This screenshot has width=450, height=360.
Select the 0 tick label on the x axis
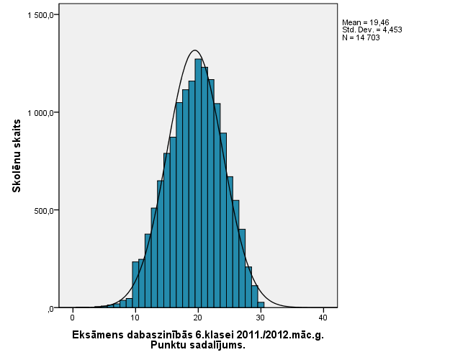72,318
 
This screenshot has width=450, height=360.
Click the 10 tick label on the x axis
135,318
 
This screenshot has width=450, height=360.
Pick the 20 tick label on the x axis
197,318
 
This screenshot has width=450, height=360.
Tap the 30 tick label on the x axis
261,318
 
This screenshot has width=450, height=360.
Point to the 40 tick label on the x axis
323,318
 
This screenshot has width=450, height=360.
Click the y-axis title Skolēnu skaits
15,156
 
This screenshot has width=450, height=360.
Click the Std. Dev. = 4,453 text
372,30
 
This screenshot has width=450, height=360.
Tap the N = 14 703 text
361,37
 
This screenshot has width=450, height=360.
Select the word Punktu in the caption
167,345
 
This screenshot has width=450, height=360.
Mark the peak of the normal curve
195,50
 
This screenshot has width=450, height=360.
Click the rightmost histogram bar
261,305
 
